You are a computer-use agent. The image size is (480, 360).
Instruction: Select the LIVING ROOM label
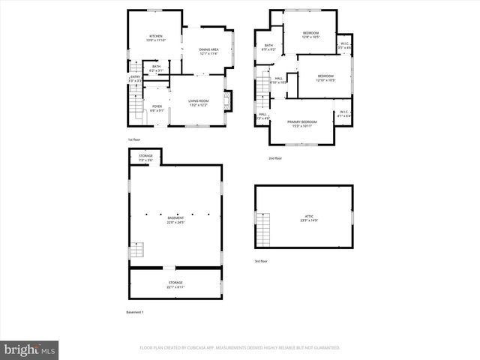[x=198, y=103]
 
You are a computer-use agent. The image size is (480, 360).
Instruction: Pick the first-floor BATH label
[x=156, y=68]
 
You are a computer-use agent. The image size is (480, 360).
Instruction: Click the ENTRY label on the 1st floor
[x=136, y=78]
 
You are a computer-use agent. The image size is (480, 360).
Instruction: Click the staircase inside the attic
[x=262, y=228]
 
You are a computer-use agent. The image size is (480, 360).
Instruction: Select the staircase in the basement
[x=136, y=250]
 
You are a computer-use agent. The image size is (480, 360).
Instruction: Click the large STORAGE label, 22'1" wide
[x=175, y=284]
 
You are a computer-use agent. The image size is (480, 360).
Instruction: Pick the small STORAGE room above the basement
[x=145, y=157]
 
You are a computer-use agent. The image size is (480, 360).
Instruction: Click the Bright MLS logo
[x=30, y=349]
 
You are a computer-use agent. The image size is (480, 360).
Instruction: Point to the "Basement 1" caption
[x=134, y=311]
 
